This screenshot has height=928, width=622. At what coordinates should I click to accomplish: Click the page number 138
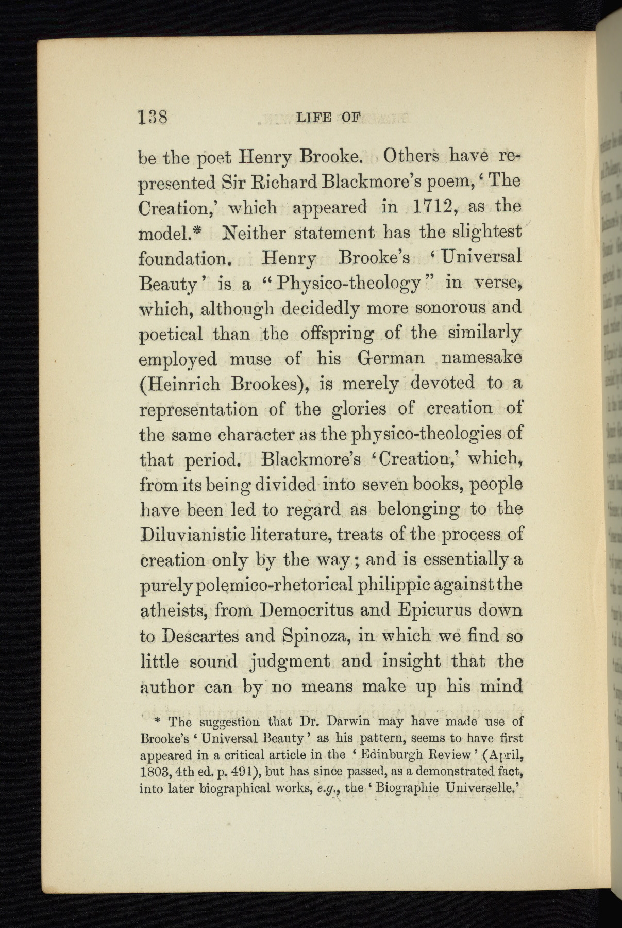click(153, 117)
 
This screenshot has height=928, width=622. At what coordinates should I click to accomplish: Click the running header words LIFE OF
click(329, 118)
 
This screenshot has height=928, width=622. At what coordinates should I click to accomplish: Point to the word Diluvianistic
click(196, 534)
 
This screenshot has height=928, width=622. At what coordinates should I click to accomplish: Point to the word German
click(391, 358)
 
